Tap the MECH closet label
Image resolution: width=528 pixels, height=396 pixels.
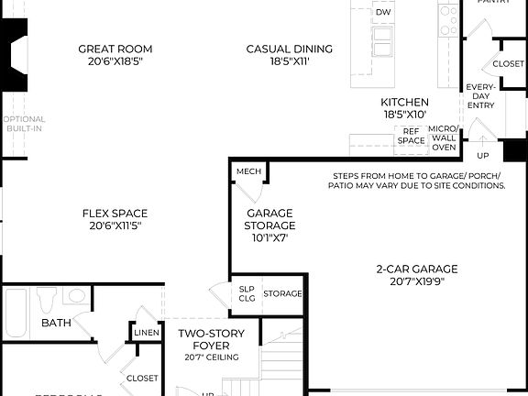pyautogui.click(x=248, y=171)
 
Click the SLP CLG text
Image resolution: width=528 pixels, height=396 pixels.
pyautogui.click(x=247, y=293)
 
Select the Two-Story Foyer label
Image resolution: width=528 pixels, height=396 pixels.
pyautogui.click(x=210, y=339)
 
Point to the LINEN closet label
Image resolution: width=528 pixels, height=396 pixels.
pyautogui.click(x=147, y=332)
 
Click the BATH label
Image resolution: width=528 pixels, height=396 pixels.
pyautogui.click(x=56, y=323)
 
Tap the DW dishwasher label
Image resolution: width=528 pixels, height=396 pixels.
pyautogui.click(x=383, y=12)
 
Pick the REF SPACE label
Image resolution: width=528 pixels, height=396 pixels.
pyautogui.click(x=412, y=137)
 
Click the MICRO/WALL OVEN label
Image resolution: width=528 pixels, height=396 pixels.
pyautogui.click(x=444, y=137)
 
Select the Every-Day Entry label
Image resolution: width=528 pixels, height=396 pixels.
pyautogui.click(x=480, y=96)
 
